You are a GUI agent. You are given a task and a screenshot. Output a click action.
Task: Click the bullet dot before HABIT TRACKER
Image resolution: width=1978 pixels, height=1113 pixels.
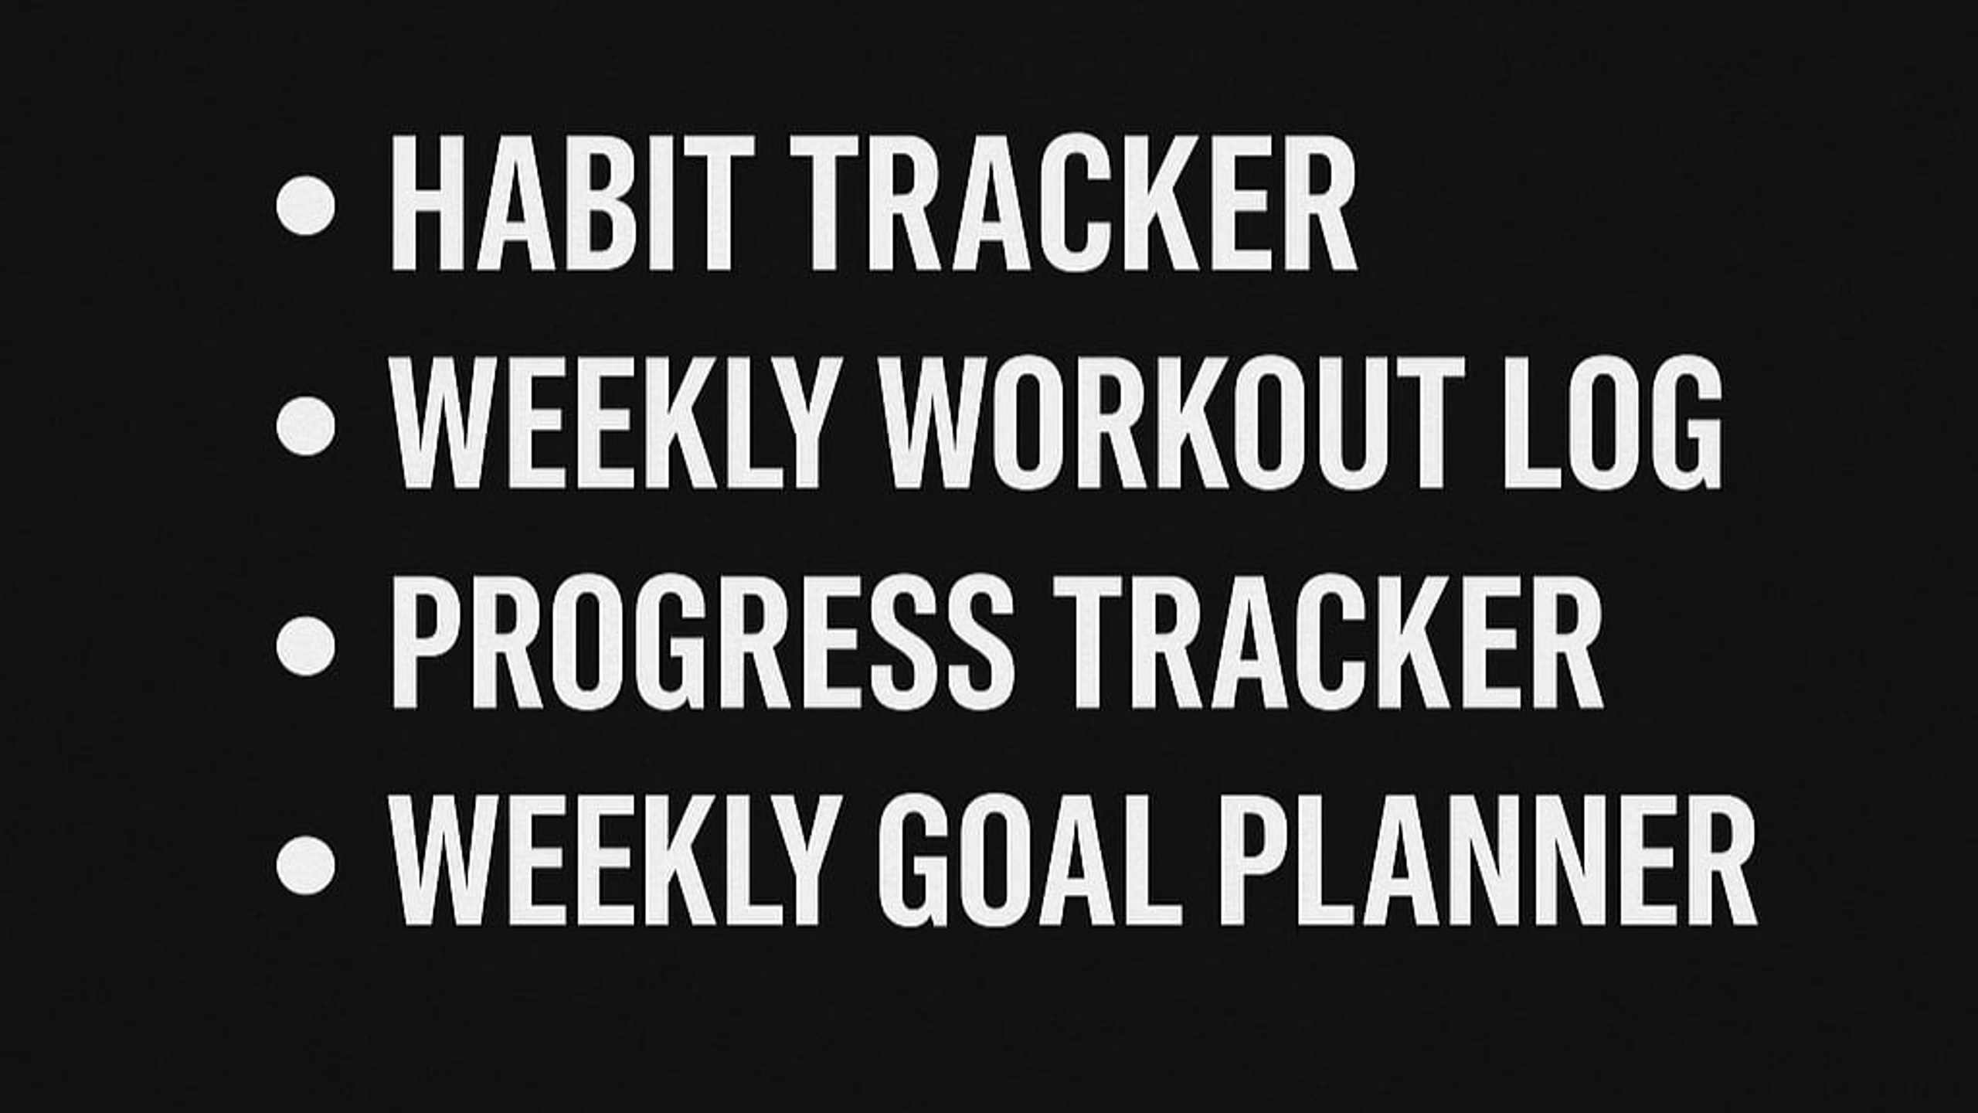306,205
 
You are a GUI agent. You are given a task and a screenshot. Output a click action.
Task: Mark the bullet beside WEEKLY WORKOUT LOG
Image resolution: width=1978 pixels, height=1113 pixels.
306,425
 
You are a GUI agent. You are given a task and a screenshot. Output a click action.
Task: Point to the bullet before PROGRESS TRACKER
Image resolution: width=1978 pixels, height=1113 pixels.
306,645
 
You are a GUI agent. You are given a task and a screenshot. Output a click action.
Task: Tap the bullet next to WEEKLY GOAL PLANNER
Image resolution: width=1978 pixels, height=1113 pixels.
306,865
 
